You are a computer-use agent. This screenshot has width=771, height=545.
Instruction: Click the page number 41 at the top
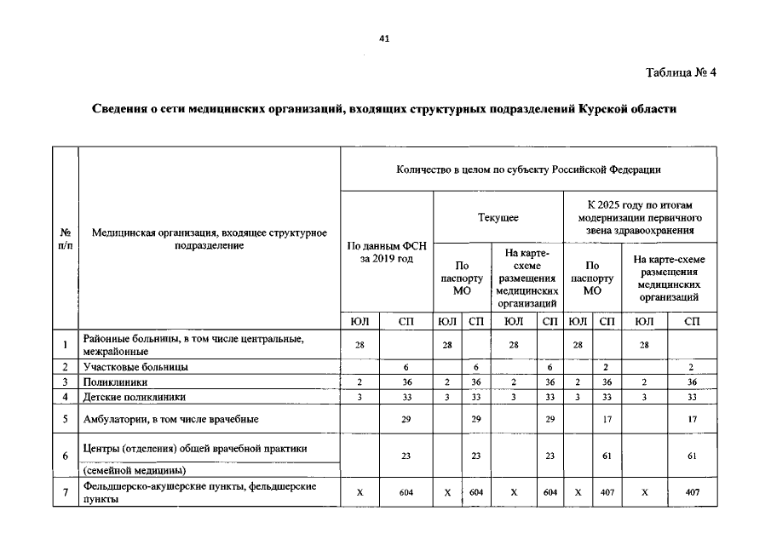[384, 37]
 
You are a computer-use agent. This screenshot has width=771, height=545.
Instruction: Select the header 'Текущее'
[498, 218]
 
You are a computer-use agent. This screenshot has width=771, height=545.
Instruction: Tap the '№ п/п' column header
[65, 238]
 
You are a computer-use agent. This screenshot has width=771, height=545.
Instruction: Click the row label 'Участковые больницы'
[135, 367]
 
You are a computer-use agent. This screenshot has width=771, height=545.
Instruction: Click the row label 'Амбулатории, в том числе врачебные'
[171, 419]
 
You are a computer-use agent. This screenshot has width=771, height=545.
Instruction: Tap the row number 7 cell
[65, 492]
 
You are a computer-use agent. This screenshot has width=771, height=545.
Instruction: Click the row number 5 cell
[65, 419]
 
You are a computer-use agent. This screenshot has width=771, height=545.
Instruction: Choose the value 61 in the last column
[692, 456]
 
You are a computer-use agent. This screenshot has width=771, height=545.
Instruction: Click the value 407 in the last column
[692, 492]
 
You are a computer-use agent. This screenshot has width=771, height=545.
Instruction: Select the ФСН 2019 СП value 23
[407, 456]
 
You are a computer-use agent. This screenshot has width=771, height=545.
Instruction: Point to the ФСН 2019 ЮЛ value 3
[360, 397]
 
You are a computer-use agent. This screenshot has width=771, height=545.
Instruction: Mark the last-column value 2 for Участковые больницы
[692, 367]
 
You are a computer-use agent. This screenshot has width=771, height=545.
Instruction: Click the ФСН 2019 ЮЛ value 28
[360, 344]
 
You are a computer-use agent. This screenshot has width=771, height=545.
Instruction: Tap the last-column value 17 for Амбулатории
[692, 419]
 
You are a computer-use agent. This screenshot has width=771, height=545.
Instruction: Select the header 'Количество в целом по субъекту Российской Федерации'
[528, 169]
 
